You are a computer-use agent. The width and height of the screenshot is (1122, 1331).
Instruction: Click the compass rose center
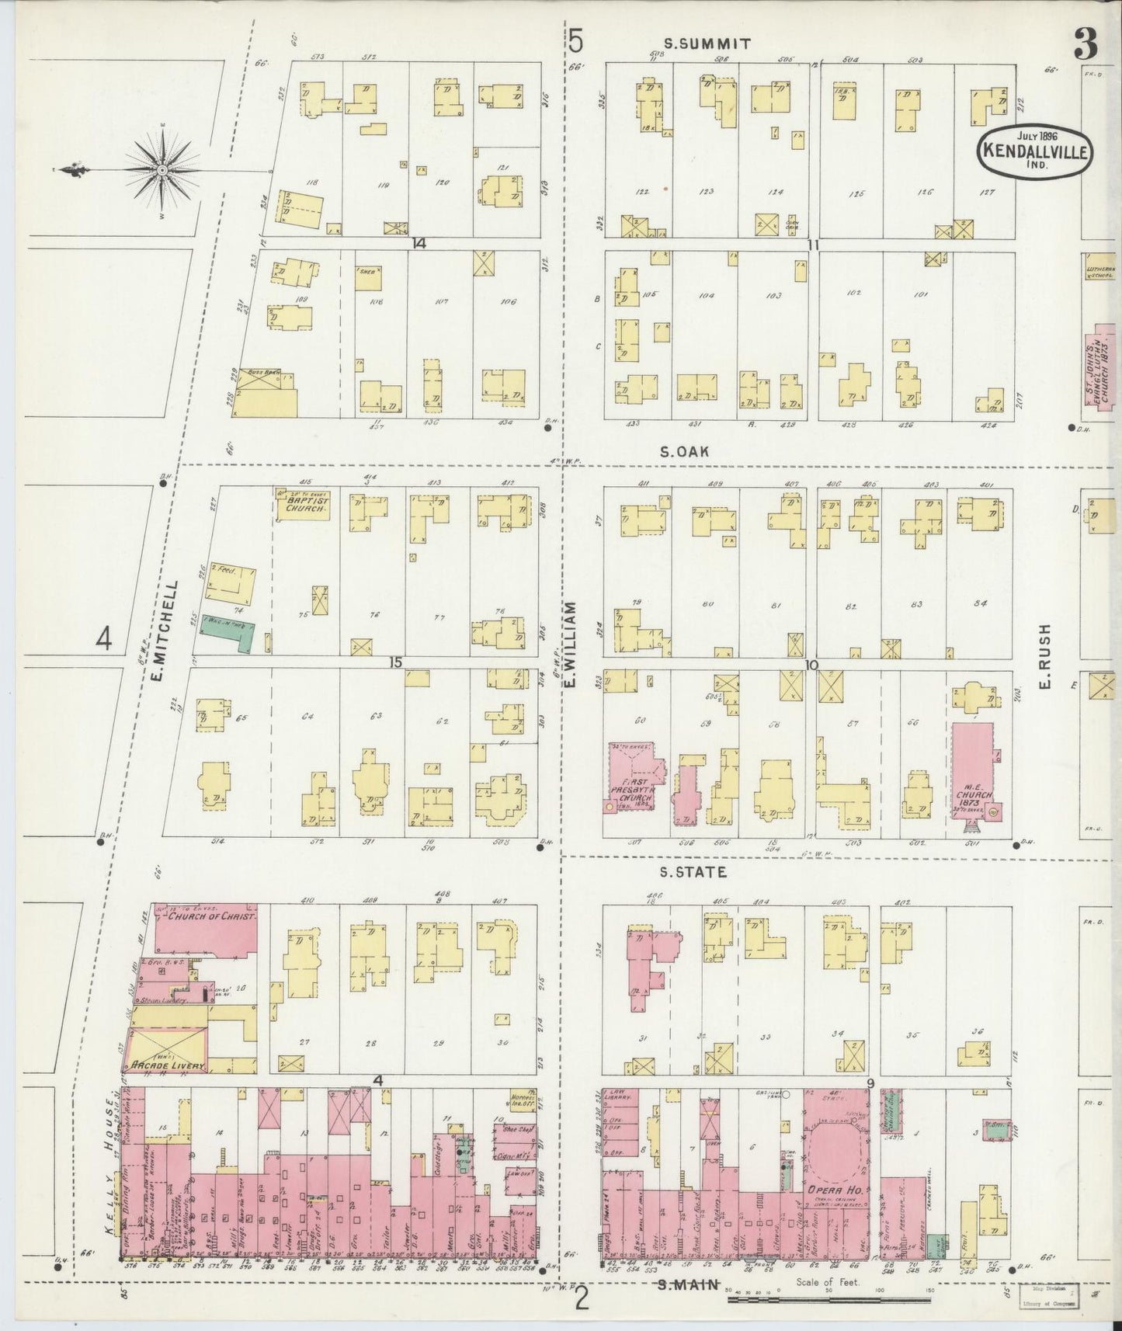[x=162, y=169]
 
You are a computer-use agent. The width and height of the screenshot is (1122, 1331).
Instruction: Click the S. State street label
[x=693, y=872]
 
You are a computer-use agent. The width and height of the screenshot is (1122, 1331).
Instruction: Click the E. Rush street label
[x=1044, y=656]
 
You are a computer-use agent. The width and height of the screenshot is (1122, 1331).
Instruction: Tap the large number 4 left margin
[x=104, y=638]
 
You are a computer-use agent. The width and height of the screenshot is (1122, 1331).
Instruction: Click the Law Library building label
[x=619, y=1096]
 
